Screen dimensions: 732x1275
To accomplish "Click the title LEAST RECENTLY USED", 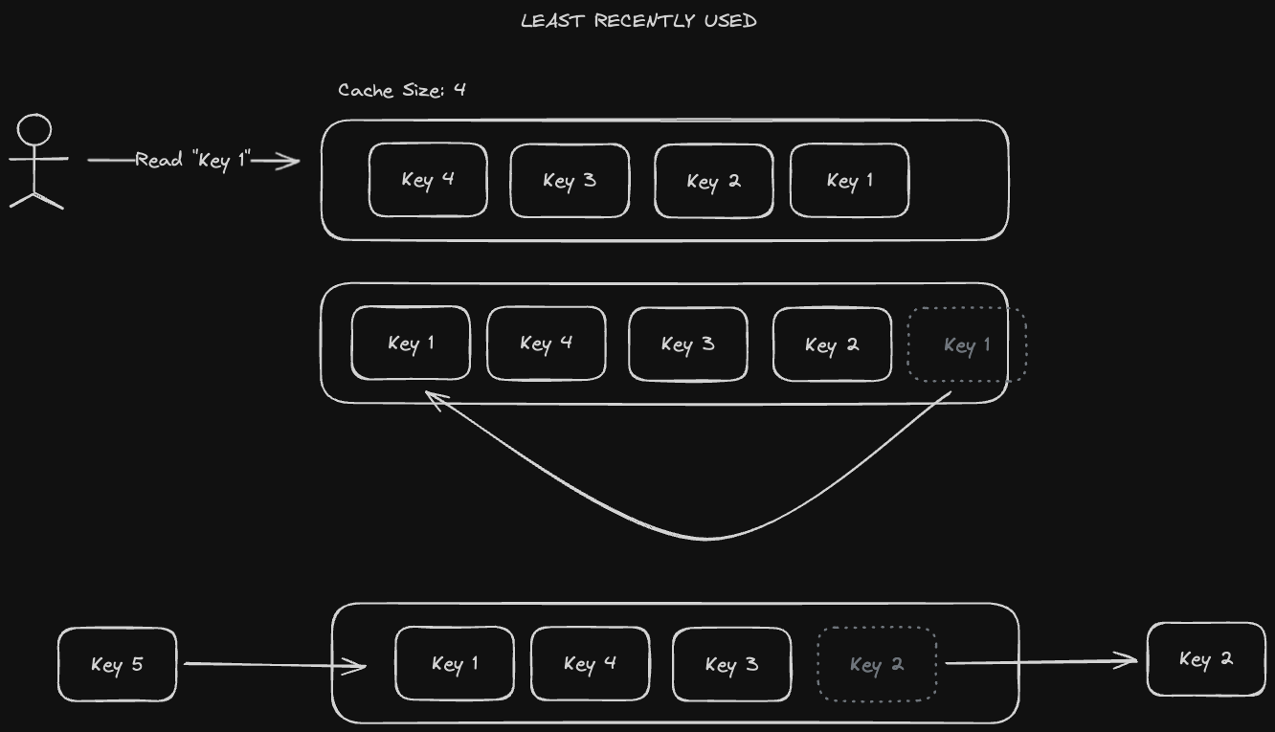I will [x=638, y=21].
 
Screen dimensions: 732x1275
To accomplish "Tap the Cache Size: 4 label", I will [x=402, y=90].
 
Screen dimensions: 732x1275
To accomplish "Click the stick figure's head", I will [x=35, y=130].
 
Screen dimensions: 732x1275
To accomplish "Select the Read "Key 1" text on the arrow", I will [x=192, y=160].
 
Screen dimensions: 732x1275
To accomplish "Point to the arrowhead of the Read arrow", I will [x=291, y=162].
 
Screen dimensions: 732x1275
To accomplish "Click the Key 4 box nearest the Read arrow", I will [x=428, y=180].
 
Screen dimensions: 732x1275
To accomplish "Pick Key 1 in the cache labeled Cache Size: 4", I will [x=849, y=181].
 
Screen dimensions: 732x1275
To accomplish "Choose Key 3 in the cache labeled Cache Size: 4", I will [x=570, y=181].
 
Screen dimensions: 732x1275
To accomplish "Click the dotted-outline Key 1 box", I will [x=967, y=344].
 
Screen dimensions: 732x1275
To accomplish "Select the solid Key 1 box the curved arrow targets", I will [x=411, y=344].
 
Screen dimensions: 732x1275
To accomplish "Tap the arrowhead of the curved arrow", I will [x=432, y=398].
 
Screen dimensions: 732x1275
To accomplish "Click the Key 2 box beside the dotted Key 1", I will [x=832, y=344].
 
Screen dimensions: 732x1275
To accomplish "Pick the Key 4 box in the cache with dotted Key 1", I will [x=547, y=344].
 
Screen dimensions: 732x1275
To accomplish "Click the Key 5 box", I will [x=118, y=664].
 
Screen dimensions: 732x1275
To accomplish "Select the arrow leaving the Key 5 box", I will [x=273, y=664].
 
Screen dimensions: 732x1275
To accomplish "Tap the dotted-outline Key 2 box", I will [x=876, y=664].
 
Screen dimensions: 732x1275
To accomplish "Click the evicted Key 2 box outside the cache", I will [x=1206, y=659].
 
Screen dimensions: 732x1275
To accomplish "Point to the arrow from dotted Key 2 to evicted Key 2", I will [x=1039, y=661].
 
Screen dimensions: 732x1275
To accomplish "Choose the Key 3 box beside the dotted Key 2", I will [x=732, y=664].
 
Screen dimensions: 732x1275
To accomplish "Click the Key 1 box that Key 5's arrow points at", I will [x=455, y=664].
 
